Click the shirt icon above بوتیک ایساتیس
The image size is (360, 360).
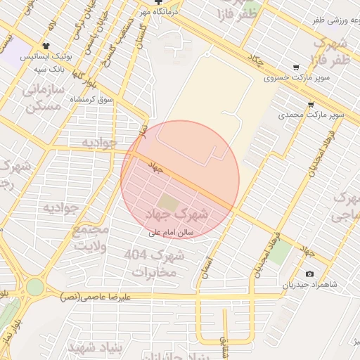[47, 45]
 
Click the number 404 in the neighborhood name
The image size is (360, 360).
[139, 253]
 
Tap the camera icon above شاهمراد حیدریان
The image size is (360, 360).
[310, 274]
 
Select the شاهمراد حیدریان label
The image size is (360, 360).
[310, 285]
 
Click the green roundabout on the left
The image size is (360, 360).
[34, 286]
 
